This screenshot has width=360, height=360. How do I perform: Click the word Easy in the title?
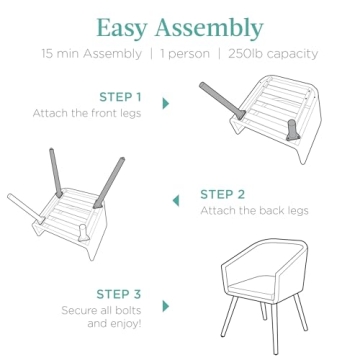[122, 28]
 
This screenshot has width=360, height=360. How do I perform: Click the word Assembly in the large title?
[209, 27]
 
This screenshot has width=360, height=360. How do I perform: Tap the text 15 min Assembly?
[92, 54]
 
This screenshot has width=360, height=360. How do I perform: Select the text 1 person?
[185, 54]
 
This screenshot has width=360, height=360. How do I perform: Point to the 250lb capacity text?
[273, 54]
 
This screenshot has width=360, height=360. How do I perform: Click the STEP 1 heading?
[120, 97]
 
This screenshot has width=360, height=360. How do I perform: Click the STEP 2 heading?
[222, 194]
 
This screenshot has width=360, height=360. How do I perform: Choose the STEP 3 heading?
[119, 294]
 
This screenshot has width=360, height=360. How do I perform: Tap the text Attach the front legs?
[87, 113]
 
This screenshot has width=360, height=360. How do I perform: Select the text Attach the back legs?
[254, 211]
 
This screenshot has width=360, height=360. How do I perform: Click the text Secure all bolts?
[101, 310]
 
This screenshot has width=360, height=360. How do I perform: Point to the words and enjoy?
[114, 324]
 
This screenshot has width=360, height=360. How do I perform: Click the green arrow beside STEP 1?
[166, 103]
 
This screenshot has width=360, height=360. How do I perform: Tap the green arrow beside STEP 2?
[176, 201]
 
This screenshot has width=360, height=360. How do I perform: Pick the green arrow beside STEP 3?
[166, 306]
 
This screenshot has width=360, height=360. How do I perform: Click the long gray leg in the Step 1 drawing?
[222, 101]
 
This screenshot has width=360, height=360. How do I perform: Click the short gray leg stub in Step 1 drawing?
[292, 130]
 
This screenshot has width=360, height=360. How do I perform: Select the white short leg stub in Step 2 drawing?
[83, 233]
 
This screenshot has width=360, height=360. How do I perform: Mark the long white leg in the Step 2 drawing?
[26, 209]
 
